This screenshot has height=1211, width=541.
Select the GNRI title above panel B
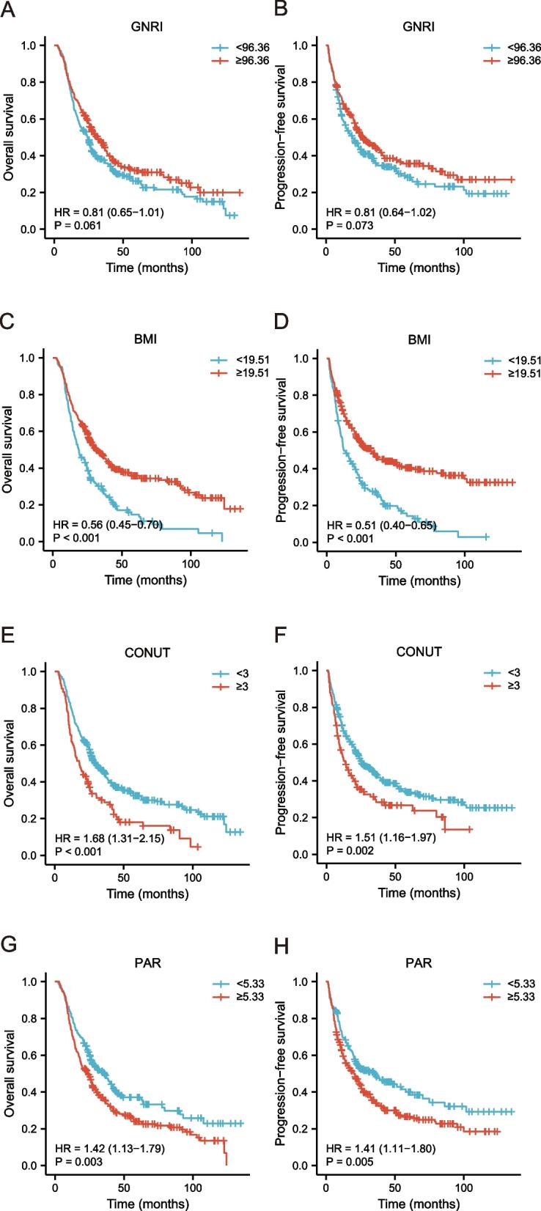pos(419,27)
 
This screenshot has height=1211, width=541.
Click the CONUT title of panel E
pos(147,652)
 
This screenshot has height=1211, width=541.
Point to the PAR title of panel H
pos(419,962)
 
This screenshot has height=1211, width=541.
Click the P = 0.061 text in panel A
pos(77,226)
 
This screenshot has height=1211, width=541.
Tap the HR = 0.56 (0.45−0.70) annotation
pos(108,525)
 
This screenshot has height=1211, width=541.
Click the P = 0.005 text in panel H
pos(350,1161)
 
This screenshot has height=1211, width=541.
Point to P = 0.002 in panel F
pos(350,850)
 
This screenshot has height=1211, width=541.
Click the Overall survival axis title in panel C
pos(10,449)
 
